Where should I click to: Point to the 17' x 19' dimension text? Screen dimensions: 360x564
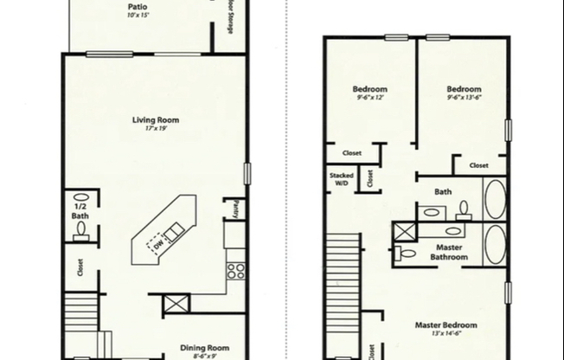point(156,128)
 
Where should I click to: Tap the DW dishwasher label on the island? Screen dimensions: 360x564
point(158,246)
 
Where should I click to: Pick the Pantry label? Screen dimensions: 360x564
point(234,209)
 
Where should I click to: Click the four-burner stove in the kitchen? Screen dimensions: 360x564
point(234,270)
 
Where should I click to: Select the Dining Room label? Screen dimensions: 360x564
point(204,348)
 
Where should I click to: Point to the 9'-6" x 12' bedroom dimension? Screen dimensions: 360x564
point(370,99)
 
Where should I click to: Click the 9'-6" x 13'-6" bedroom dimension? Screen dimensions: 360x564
point(464,99)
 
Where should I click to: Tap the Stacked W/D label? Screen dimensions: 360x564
point(341,179)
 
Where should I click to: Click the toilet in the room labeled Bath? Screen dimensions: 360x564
point(464,209)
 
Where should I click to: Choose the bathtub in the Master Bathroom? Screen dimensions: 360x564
point(495,245)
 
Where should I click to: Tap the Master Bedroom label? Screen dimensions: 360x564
point(446,325)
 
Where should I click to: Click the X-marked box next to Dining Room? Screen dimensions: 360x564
point(175,305)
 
